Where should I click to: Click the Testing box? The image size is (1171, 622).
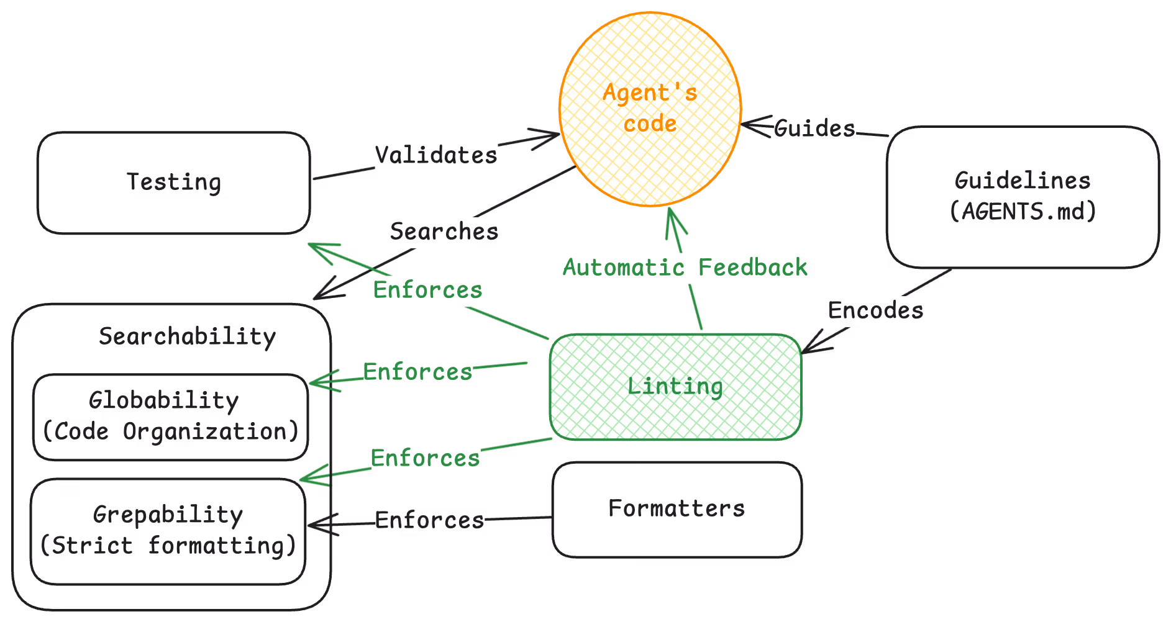(173, 183)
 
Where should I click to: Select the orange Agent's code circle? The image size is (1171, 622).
(650, 109)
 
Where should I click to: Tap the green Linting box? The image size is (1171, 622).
(675, 386)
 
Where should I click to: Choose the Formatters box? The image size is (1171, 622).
(677, 509)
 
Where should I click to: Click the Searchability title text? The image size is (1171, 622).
(187, 336)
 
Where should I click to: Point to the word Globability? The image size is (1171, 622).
(163, 400)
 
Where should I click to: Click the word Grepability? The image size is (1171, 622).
(168, 515)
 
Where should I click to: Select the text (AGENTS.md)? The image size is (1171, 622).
(1023, 212)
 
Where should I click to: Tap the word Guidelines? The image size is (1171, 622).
(1023, 181)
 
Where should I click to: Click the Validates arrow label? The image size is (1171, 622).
(436, 155)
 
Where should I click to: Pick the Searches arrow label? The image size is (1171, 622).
(444, 232)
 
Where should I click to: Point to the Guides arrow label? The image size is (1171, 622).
(814, 128)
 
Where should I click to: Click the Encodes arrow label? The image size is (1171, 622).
(875, 310)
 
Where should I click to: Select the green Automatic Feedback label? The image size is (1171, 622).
(685, 268)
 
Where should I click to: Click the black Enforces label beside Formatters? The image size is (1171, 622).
(429, 520)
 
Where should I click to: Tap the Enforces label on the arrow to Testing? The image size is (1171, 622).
(427, 290)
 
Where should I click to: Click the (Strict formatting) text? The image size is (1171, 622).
(168, 546)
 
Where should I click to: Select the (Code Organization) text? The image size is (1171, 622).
(170, 431)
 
